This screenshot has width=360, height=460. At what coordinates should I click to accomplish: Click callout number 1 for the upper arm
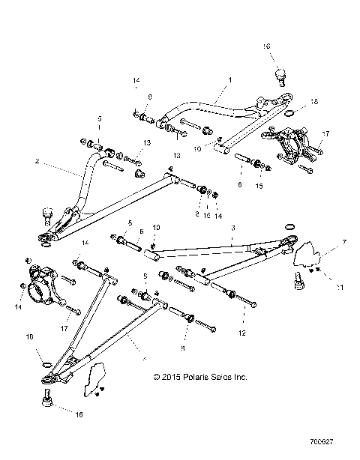[x=229, y=79]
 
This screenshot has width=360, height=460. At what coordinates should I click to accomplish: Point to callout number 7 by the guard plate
[x=323, y=243]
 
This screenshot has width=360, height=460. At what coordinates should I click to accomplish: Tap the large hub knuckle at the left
[x=40, y=282]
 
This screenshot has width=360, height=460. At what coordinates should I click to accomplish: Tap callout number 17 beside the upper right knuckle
[x=325, y=135]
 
